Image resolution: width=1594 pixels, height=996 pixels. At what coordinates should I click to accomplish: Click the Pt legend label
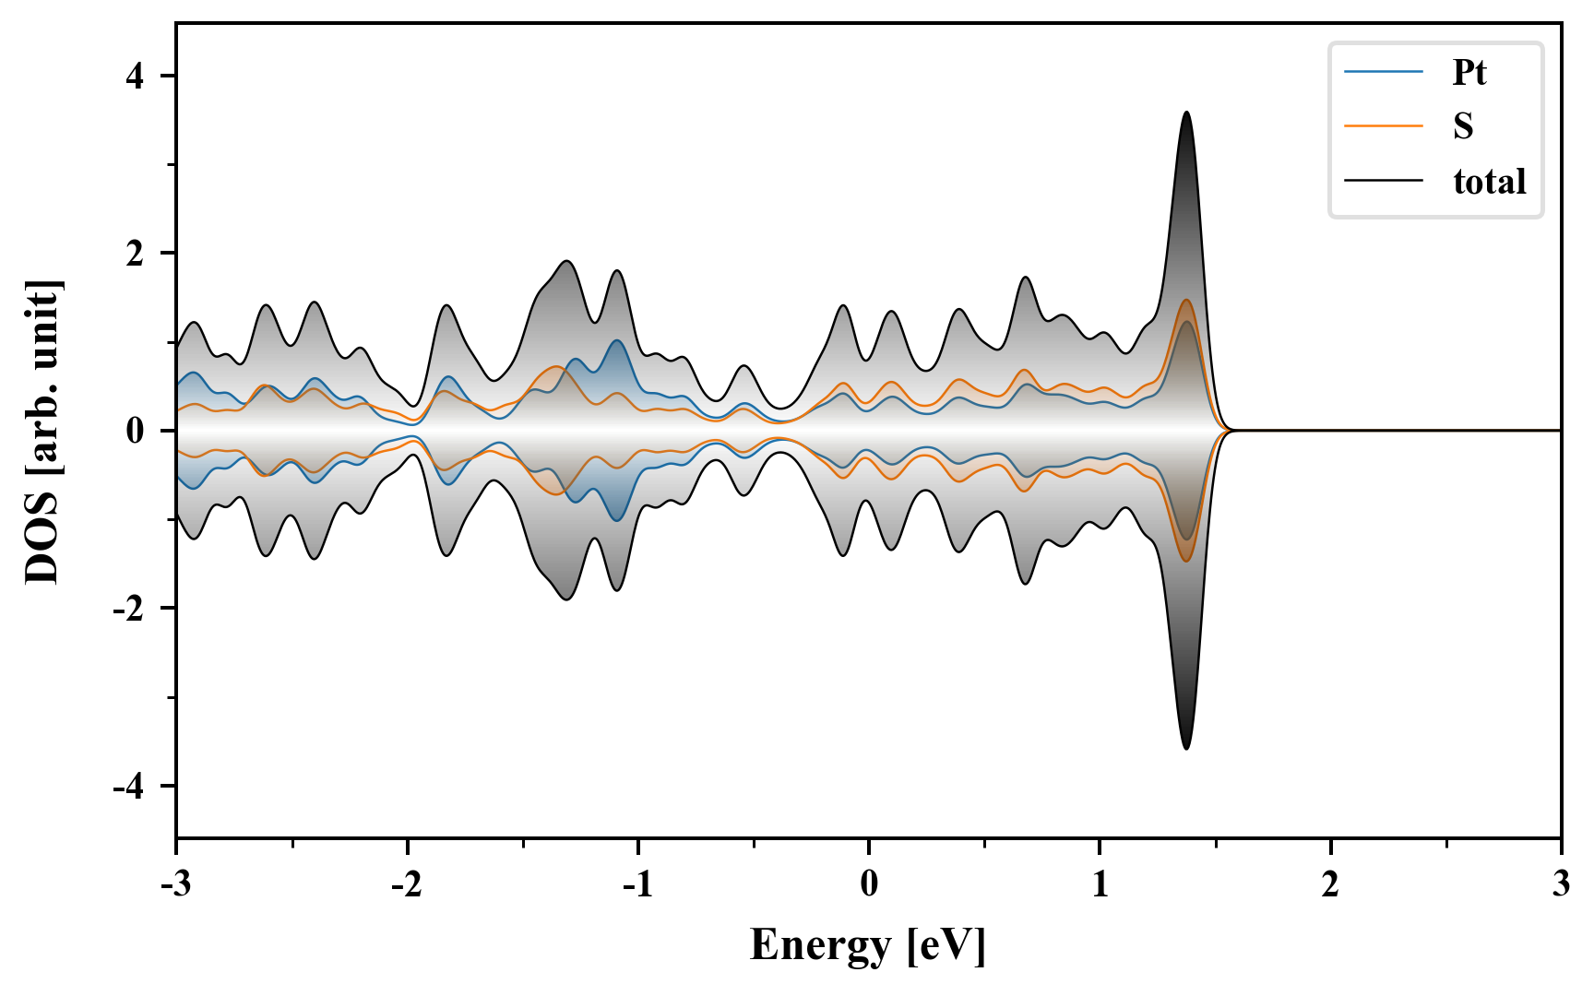coord(1469,72)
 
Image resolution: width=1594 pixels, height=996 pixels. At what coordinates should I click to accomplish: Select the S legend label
coord(1463,126)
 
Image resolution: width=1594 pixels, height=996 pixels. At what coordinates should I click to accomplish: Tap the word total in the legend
coord(1489,181)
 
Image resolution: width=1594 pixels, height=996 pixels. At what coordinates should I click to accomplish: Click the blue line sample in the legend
coord(1383,72)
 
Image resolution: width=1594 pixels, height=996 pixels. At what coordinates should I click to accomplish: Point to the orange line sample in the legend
coord(1383,125)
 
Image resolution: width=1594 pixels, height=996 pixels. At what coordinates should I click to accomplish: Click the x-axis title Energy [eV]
coord(868,945)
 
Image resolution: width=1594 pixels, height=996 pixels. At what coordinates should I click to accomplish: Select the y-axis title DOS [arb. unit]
coord(42,431)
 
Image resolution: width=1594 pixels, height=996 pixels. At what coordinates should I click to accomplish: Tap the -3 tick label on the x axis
coord(175,883)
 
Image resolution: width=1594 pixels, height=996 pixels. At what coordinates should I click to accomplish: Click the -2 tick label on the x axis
coord(406,883)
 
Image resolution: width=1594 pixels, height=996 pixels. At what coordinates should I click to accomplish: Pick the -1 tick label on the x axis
coord(636,883)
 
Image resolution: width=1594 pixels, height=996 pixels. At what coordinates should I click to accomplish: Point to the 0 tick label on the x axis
coord(869,883)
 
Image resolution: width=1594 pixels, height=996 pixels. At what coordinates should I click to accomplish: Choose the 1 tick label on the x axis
coord(1100,883)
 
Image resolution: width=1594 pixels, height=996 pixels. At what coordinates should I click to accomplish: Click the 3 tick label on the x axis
coord(1561,883)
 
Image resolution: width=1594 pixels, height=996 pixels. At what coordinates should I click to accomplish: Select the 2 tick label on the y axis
coord(136,254)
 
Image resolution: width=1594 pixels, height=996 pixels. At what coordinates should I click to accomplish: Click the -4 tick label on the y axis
coord(129,787)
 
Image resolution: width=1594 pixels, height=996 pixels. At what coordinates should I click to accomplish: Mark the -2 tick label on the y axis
coord(129,609)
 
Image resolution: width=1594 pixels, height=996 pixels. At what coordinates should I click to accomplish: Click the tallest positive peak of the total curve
coord(1186,113)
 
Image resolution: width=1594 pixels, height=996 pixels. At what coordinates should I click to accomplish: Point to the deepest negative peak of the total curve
coord(1186,748)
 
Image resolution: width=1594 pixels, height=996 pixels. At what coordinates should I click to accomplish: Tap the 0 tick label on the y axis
coord(136,431)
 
